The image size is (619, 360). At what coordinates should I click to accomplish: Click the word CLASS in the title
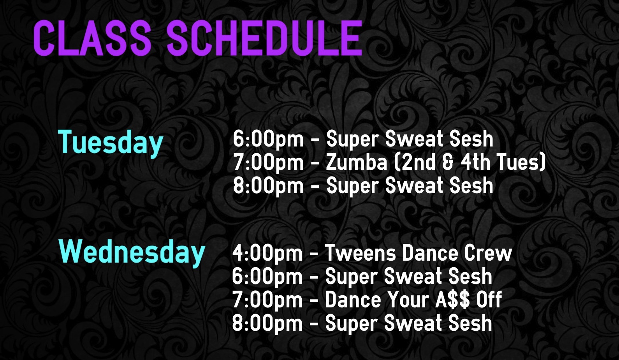[92, 38]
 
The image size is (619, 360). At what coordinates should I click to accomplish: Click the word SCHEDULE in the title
[264, 38]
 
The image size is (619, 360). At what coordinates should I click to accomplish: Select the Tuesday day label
[110, 142]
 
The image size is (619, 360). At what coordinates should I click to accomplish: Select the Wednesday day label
[132, 252]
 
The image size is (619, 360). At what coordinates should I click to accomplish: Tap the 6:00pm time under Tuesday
[268, 139]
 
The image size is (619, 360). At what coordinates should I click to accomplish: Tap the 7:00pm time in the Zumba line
[268, 163]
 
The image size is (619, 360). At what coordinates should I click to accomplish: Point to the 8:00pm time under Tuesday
[268, 186]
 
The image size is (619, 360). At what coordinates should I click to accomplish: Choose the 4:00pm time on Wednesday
[267, 254]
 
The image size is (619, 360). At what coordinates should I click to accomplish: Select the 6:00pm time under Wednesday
[267, 277]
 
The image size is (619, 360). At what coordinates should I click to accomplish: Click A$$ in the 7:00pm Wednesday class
[452, 299]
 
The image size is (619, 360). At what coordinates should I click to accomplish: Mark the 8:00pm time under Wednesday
[267, 323]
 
